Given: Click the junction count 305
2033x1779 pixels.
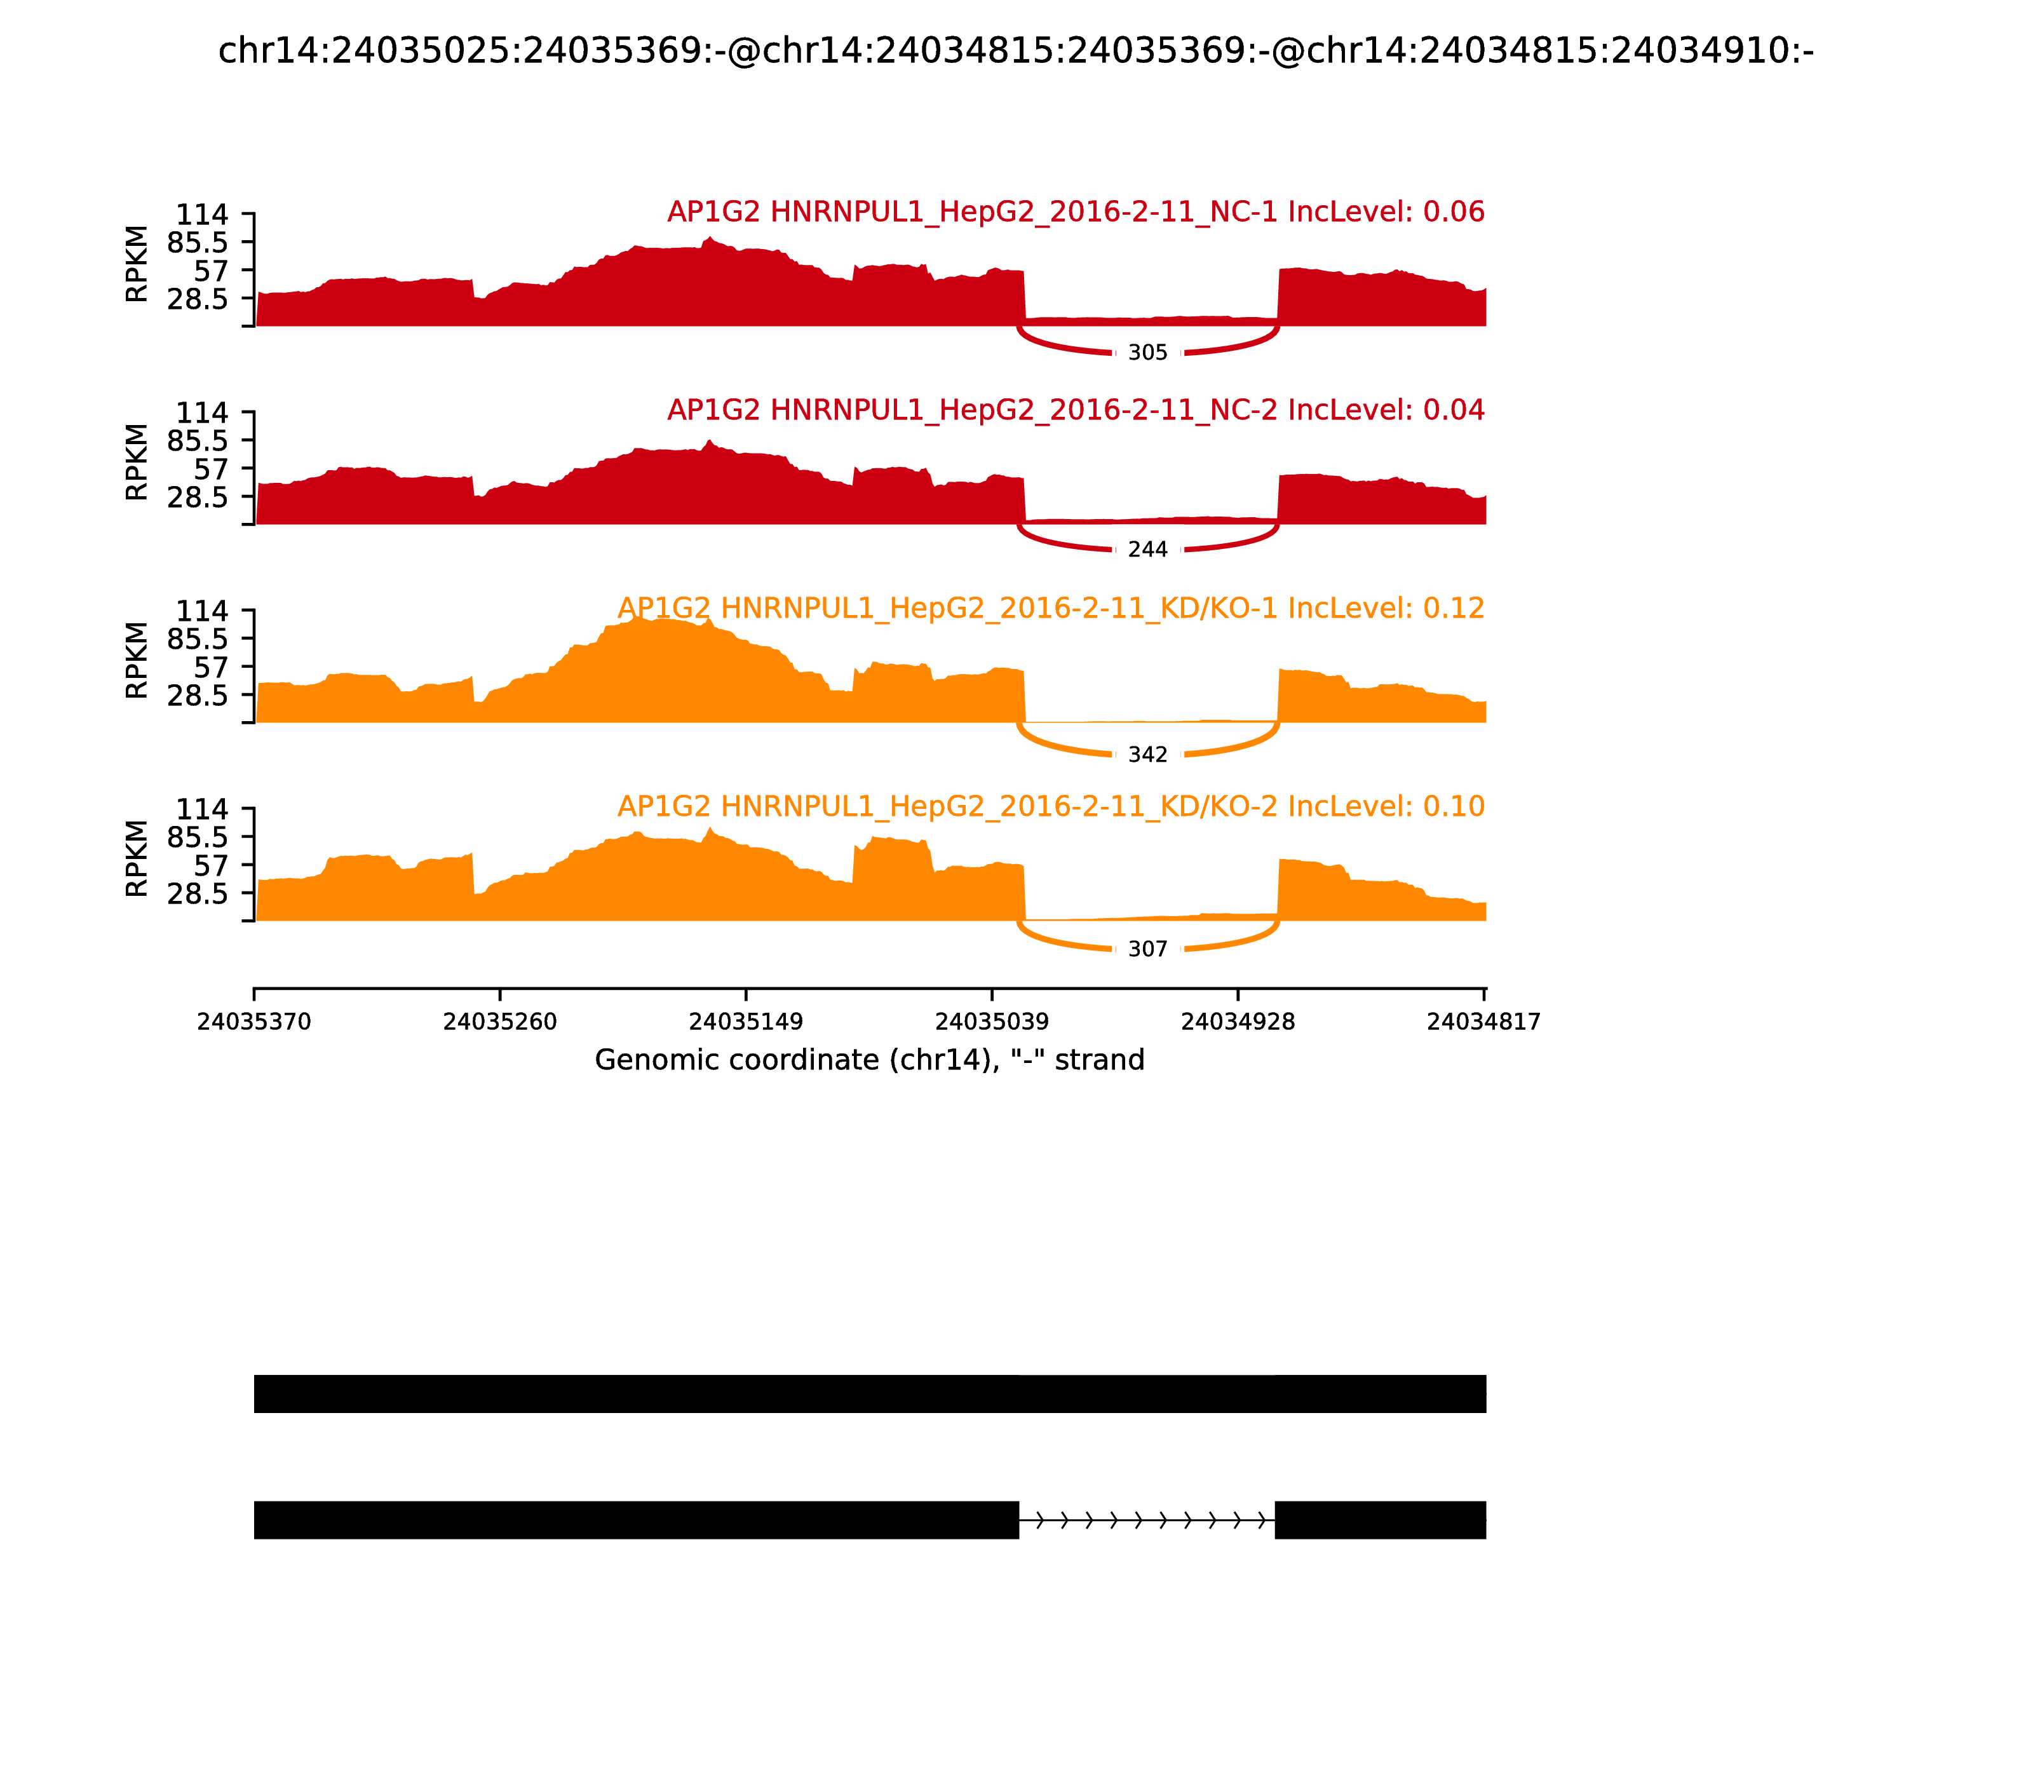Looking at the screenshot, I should click(1147, 353).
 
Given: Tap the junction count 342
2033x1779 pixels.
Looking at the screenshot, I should click(1147, 755).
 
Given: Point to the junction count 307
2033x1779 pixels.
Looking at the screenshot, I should click(1147, 949).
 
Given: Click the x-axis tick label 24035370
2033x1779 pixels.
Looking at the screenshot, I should click(254, 1022).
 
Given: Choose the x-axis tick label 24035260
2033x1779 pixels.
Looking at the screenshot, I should click(499, 1022).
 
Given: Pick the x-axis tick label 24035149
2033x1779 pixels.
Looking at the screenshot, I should click(745, 1022).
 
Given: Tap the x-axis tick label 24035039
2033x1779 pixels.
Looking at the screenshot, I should click(992, 1022).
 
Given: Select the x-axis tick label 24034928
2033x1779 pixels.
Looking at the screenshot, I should click(1238, 1022).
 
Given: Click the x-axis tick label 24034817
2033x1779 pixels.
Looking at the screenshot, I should click(1483, 1022).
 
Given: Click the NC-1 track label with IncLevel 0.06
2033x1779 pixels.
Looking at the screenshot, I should click(1075, 212).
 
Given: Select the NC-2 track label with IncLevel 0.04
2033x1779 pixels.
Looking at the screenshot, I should click(1075, 410).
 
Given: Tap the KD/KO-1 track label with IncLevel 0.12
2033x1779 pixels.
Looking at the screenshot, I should click(1050, 609).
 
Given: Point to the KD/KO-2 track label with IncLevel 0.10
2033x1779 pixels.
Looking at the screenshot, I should click(1050, 806).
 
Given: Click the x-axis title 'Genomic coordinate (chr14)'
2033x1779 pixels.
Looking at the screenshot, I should click(870, 1060).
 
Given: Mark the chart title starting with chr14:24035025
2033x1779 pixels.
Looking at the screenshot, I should click(1015, 51).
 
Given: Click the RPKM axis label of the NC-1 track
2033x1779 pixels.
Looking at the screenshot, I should click(137, 264).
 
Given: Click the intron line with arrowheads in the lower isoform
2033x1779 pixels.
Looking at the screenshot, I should click(1147, 1520).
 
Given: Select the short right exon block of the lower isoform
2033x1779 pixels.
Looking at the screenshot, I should click(1380, 1520).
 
